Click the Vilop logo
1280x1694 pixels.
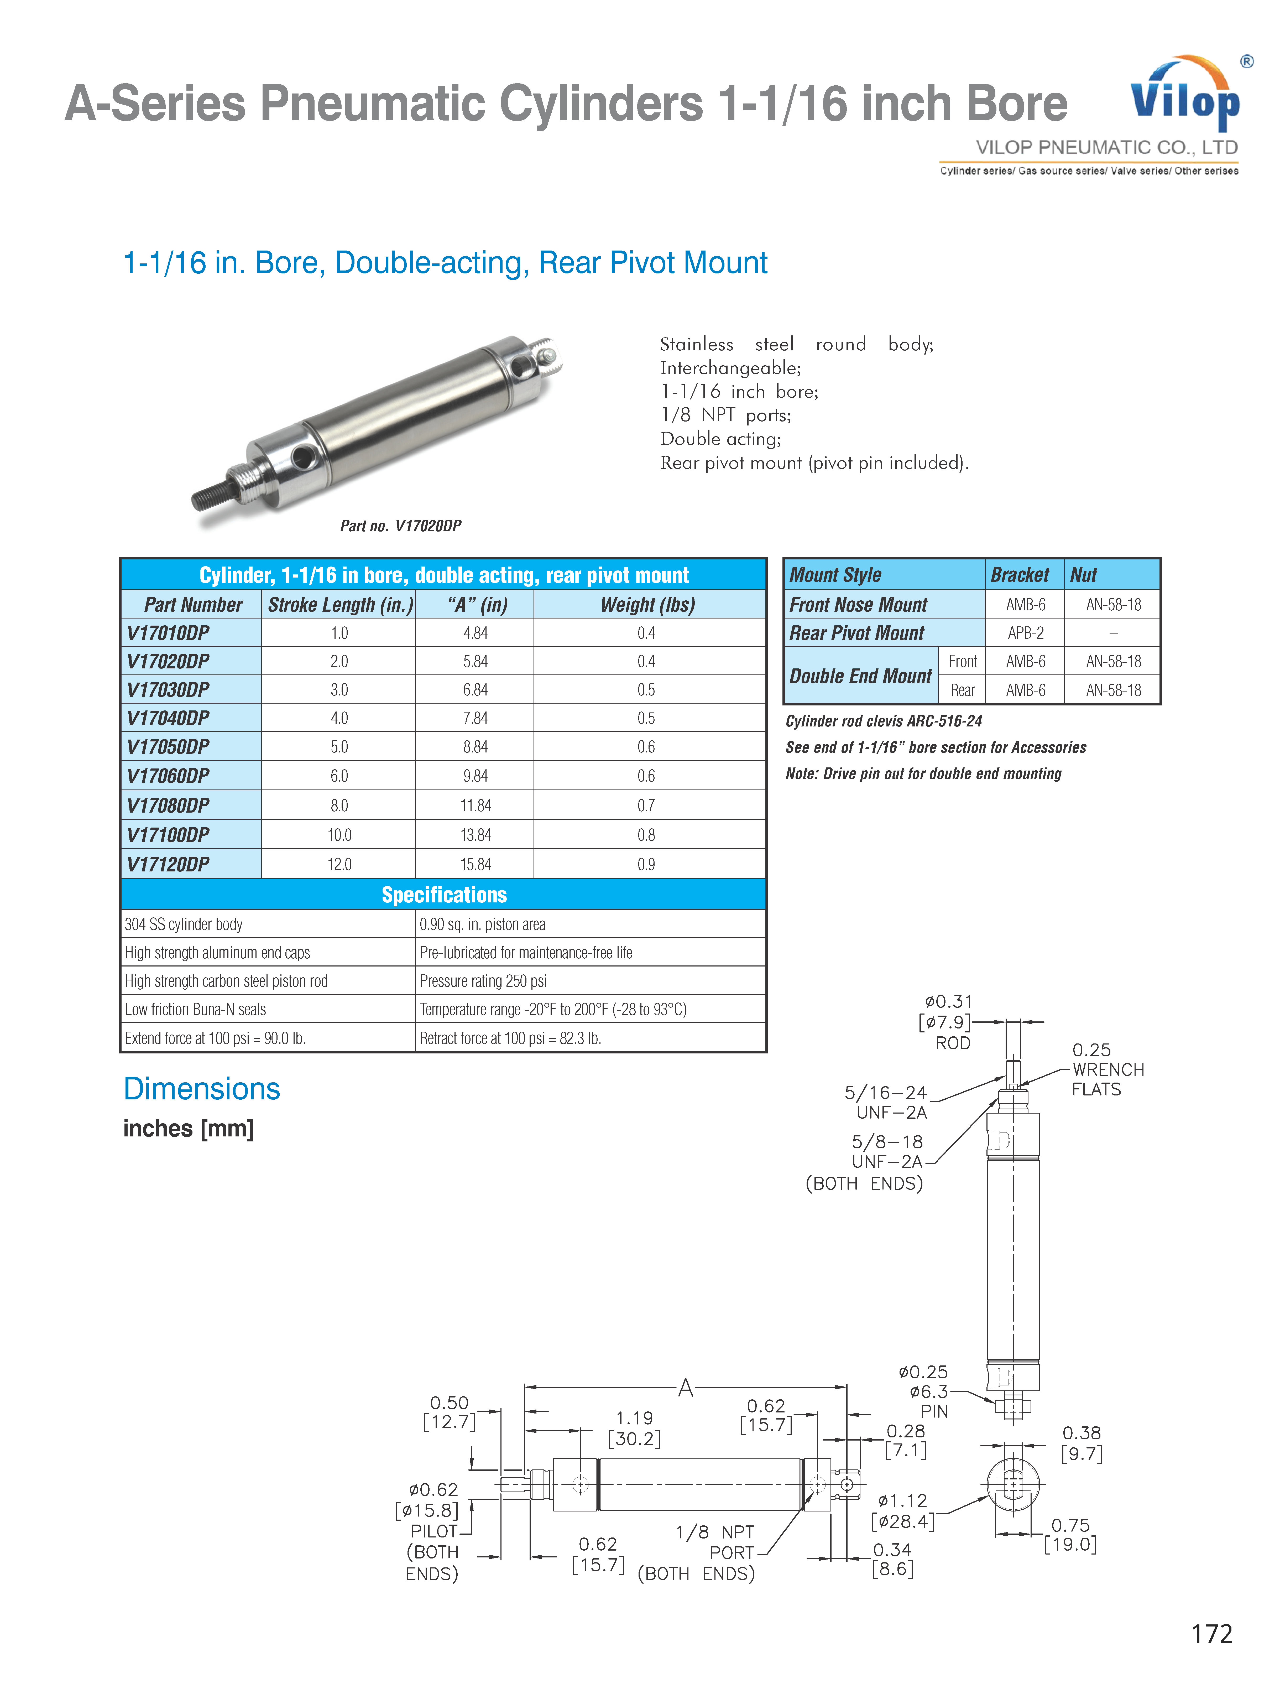pos(1185,96)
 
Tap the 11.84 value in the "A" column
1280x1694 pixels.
pos(476,806)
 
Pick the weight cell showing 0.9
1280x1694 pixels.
pos(646,865)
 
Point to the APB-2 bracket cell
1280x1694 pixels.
pos(1025,633)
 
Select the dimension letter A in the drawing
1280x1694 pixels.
pos(685,1388)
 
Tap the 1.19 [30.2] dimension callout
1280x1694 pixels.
pos(635,1428)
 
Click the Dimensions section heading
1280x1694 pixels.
pos(202,1089)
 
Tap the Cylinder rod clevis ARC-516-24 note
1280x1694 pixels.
pos(884,721)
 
